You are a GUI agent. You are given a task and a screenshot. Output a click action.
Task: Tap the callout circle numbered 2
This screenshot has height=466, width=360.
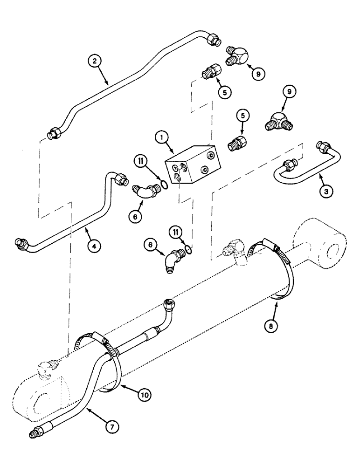pos(95,61)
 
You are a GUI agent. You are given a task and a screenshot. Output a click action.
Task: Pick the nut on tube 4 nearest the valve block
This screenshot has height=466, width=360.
pos(120,178)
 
